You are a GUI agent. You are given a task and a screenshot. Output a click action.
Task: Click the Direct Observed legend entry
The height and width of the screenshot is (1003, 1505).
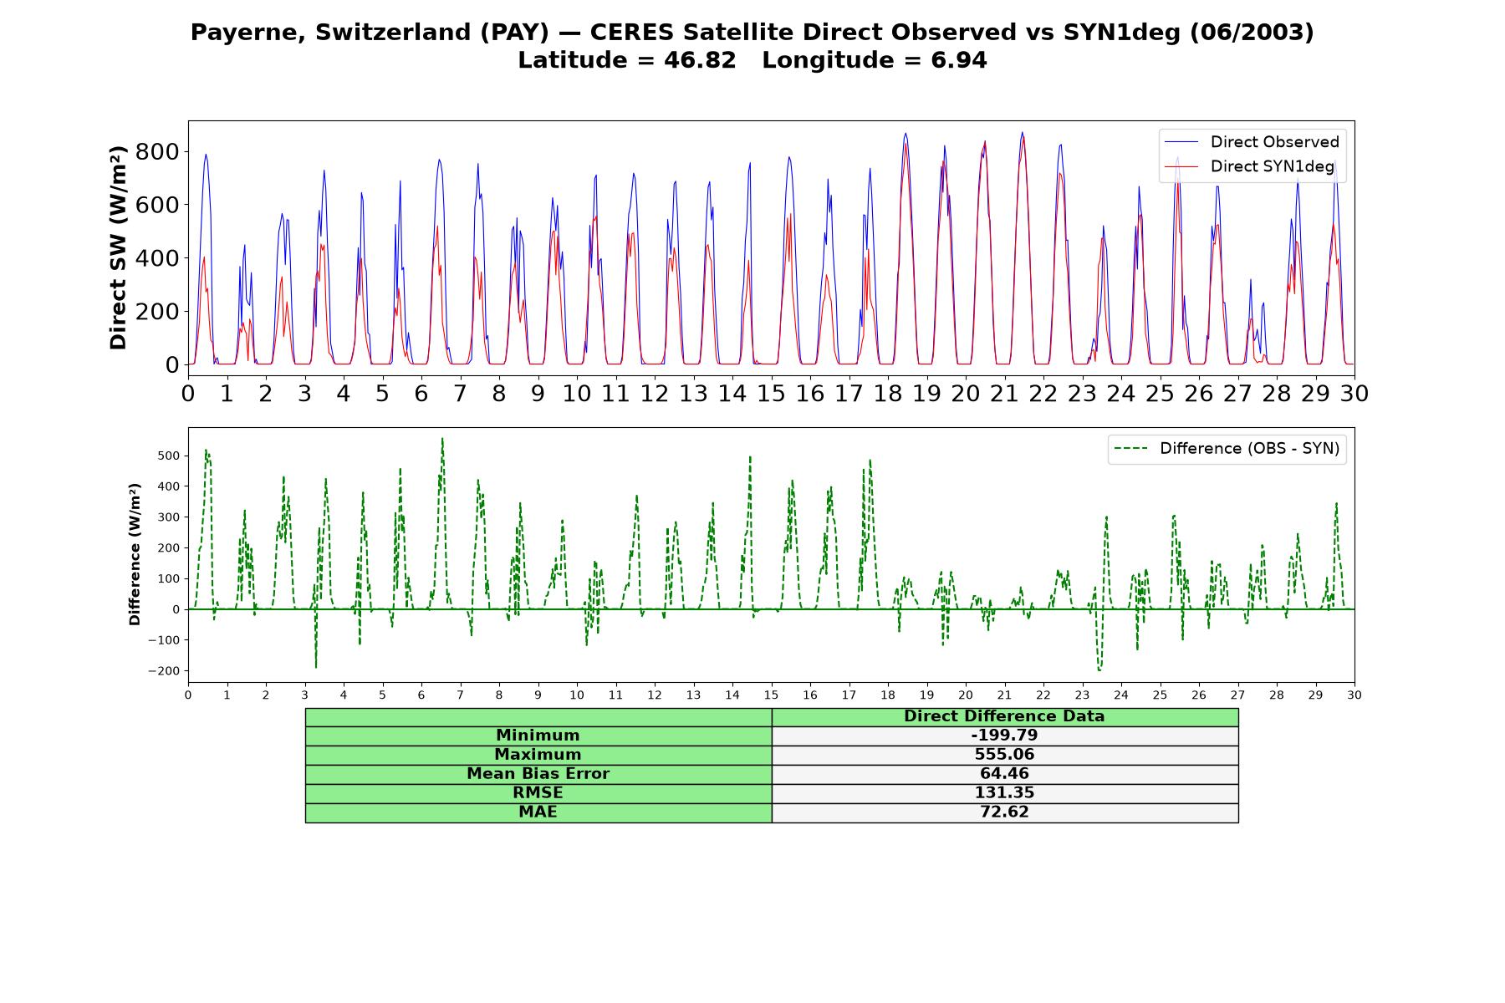1252,142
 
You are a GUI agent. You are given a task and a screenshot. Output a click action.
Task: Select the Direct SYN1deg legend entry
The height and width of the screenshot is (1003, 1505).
1252,166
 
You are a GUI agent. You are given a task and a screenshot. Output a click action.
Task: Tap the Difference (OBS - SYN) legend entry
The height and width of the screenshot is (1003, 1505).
1227,449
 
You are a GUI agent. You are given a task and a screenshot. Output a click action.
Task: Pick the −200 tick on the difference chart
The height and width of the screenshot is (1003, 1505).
165,671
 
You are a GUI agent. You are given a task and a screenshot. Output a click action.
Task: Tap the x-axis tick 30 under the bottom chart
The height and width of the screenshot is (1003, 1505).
1354,695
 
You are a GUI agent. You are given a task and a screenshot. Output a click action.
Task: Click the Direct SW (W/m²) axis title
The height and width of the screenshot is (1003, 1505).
118,247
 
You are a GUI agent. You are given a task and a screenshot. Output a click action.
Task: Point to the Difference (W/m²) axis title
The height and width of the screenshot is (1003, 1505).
135,554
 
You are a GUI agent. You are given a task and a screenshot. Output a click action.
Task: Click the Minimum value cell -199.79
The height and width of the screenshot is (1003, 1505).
1004,736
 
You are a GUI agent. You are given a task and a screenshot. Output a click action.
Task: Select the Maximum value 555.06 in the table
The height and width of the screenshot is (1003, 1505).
1004,755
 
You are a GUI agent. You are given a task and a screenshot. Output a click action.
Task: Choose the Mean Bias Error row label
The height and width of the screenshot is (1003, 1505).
538,774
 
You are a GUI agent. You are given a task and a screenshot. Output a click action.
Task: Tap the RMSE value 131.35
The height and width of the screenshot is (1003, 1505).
1004,793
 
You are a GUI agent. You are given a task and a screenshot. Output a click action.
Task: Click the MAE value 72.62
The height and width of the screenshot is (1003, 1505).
1004,812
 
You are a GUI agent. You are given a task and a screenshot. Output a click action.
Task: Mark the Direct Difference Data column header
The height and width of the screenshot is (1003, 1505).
1004,716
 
